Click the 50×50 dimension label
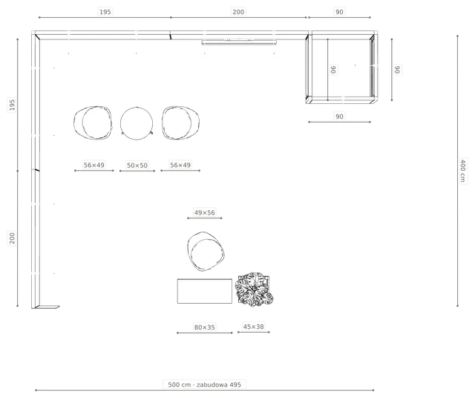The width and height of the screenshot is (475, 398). point(137,166)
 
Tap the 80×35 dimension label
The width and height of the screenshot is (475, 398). point(205,327)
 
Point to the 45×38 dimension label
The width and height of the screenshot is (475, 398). point(254,327)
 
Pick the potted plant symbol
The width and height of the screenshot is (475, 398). point(255,290)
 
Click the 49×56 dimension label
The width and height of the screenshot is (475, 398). point(205,213)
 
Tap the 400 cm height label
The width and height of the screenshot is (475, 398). point(463,171)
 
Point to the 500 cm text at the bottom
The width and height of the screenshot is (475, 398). point(180,385)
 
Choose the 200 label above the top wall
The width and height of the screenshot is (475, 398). point(238,12)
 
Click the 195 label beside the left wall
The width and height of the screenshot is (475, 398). point(12,105)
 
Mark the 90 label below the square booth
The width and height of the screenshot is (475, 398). point(339,117)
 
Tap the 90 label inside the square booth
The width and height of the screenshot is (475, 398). point(333,69)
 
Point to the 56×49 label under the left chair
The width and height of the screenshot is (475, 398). point(94,165)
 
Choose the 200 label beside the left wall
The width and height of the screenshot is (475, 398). point(12,238)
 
